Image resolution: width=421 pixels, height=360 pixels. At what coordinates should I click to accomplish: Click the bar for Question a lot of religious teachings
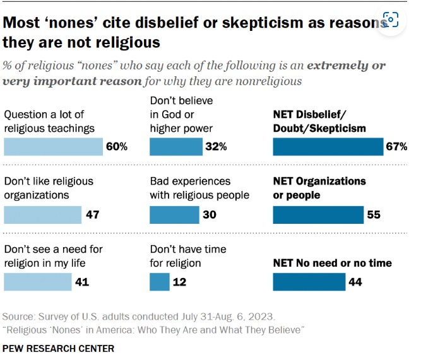(x=53, y=146)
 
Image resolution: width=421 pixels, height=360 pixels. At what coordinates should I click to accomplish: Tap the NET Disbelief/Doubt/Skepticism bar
(x=327, y=146)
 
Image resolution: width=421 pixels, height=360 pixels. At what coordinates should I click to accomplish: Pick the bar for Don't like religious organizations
(x=42, y=214)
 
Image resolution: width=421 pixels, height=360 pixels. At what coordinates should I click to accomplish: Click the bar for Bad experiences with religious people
(x=174, y=214)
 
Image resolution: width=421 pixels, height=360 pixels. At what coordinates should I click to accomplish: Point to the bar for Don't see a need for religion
(x=37, y=281)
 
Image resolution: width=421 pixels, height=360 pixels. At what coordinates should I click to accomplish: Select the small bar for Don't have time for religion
(x=159, y=281)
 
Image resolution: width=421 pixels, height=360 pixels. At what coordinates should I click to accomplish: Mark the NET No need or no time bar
(x=309, y=281)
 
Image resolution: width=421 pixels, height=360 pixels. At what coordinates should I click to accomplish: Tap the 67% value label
(x=396, y=147)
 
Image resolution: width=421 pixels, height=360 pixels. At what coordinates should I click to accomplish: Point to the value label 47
(x=93, y=215)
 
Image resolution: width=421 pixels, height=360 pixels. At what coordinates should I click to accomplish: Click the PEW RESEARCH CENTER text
(x=58, y=347)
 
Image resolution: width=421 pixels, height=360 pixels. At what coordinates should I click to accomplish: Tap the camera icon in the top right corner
(x=391, y=21)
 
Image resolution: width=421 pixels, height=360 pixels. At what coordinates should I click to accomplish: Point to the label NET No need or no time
(x=332, y=263)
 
